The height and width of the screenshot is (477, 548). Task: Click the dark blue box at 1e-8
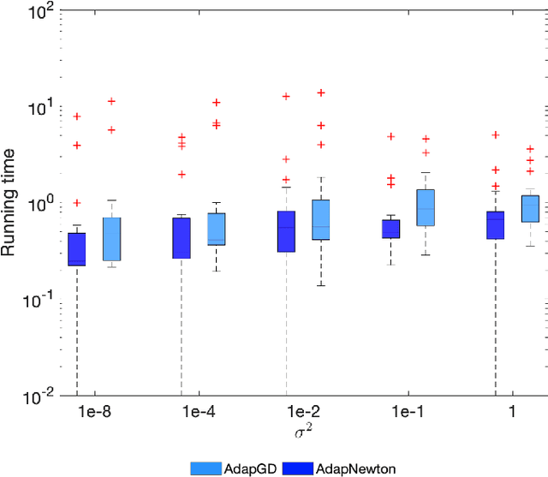[77, 249]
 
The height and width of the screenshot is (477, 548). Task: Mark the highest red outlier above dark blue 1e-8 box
[77, 116]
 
